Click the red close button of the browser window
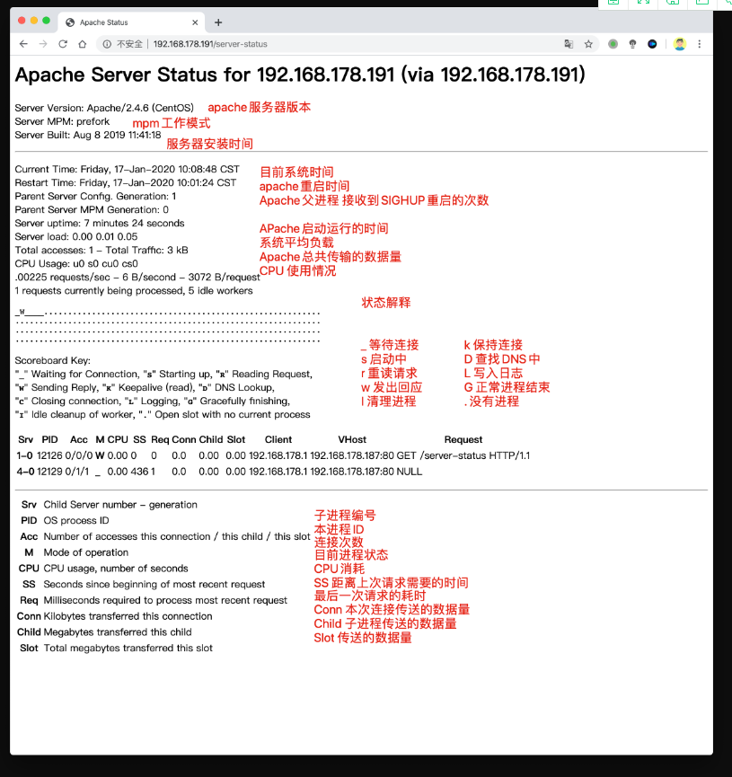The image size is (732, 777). point(22,22)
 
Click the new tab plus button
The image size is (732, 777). point(218,22)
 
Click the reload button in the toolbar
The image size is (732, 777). point(63,43)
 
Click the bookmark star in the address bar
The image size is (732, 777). point(589,43)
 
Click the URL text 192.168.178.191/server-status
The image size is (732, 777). point(209,44)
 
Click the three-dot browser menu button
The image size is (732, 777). point(700,43)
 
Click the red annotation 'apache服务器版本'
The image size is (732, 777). point(260,107)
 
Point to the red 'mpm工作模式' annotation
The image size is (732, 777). point(172,123)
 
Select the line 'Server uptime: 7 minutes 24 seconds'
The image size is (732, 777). point(100,223)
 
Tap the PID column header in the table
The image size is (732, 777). point(51,440)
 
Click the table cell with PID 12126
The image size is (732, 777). point(49,455)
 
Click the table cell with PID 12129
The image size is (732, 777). point(49,471)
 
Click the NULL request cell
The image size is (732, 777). point(410,471)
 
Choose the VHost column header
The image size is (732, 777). point(352,440)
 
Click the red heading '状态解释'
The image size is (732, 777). point(386,303)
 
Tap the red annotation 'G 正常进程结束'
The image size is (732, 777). point(507,387)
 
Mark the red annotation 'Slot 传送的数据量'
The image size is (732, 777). point(363,638)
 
